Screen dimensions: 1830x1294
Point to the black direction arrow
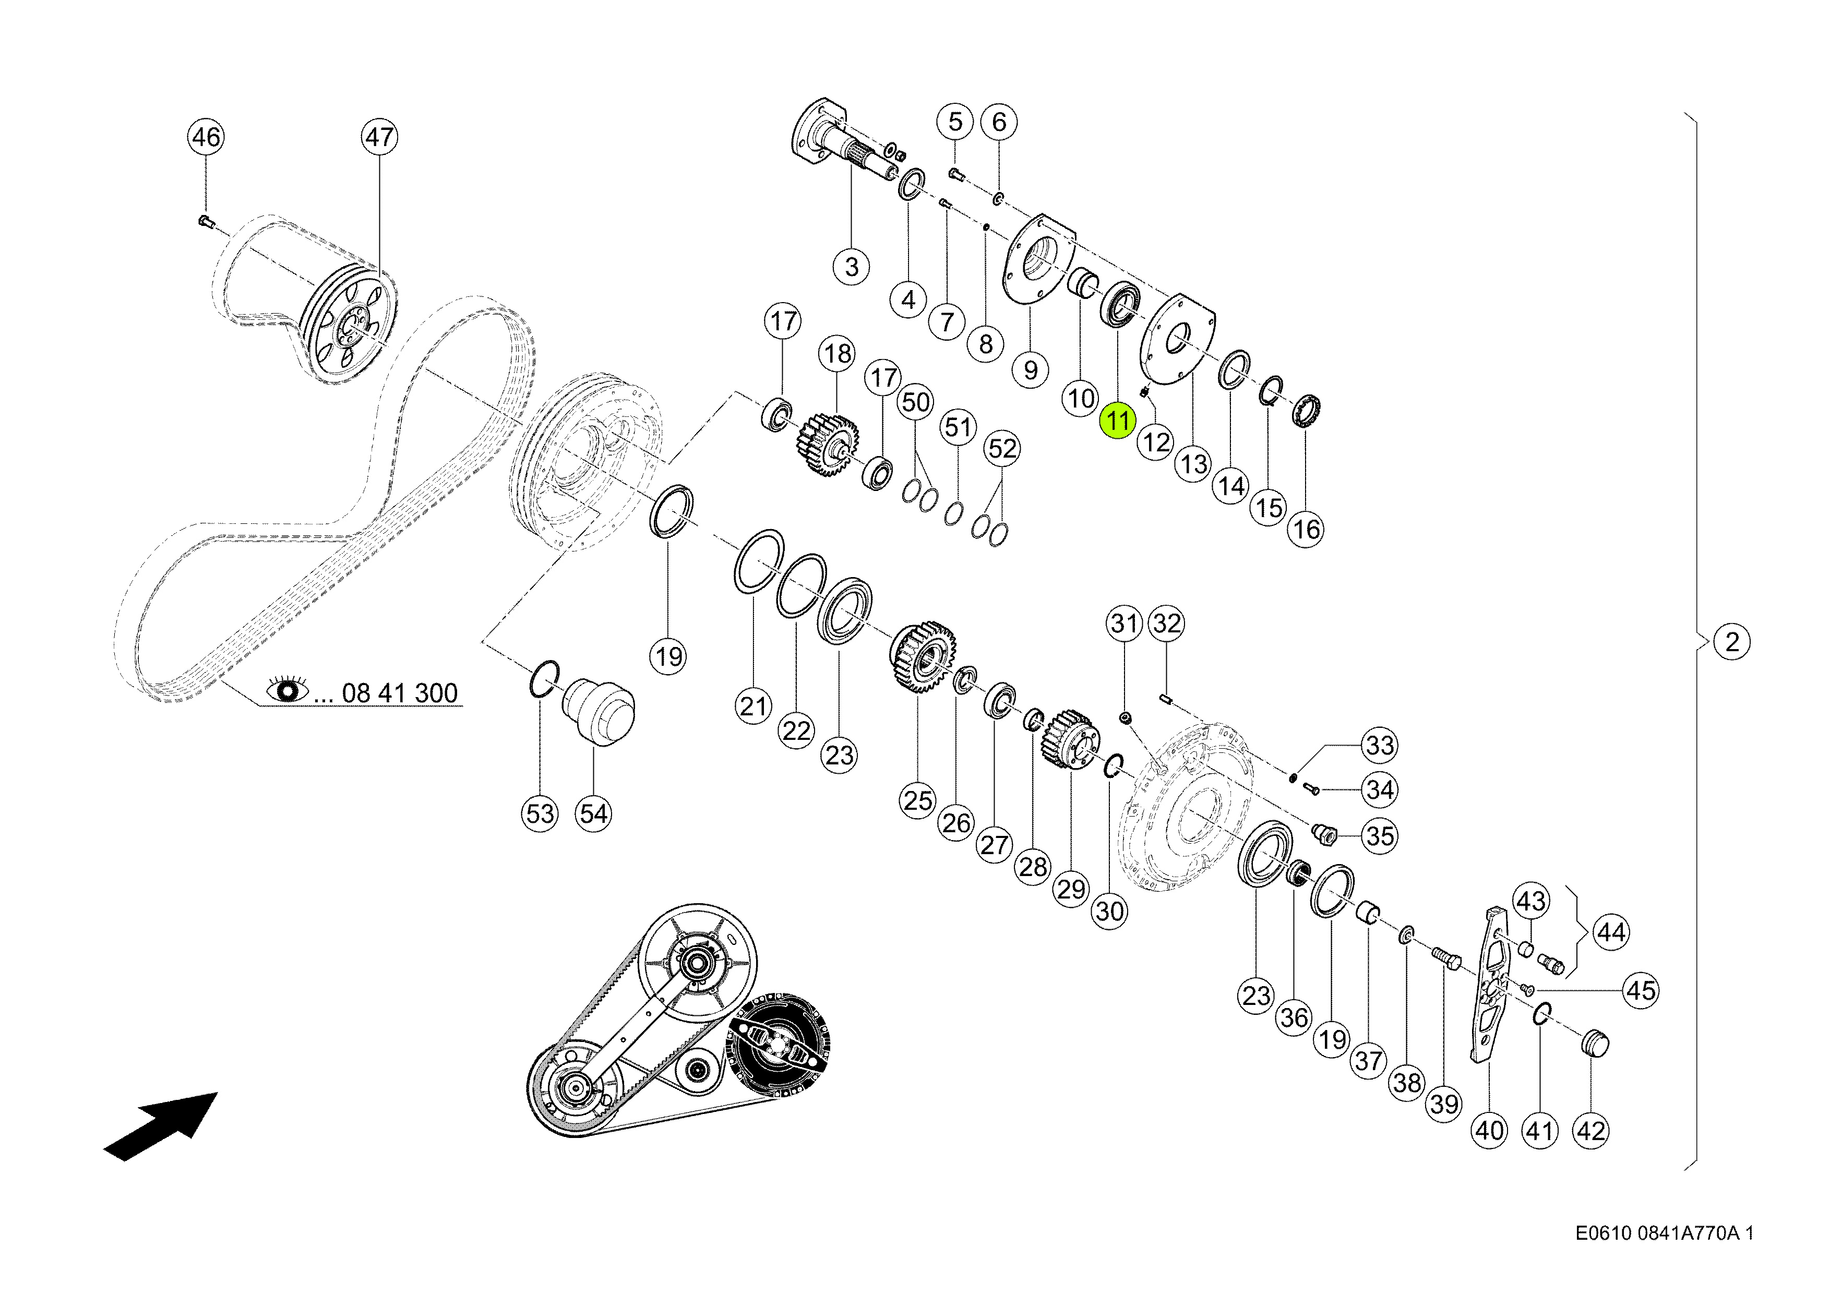pyautogui.click(x=161, y=1126)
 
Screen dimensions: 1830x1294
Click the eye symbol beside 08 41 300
pyautogui.click(x=288, y=689)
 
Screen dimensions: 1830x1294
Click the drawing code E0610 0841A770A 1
pyautogui.click(x=1664, y=1234)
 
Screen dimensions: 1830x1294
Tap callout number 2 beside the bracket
pyautogui.click(x=1732, y=642)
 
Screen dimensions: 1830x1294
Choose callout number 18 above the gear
pyautogui.click(x=838, y=354)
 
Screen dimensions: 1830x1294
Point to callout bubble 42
pyautogui.click(x=1591, y=1131)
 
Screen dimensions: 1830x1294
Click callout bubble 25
pyautogui.click(x=917, y=801)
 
